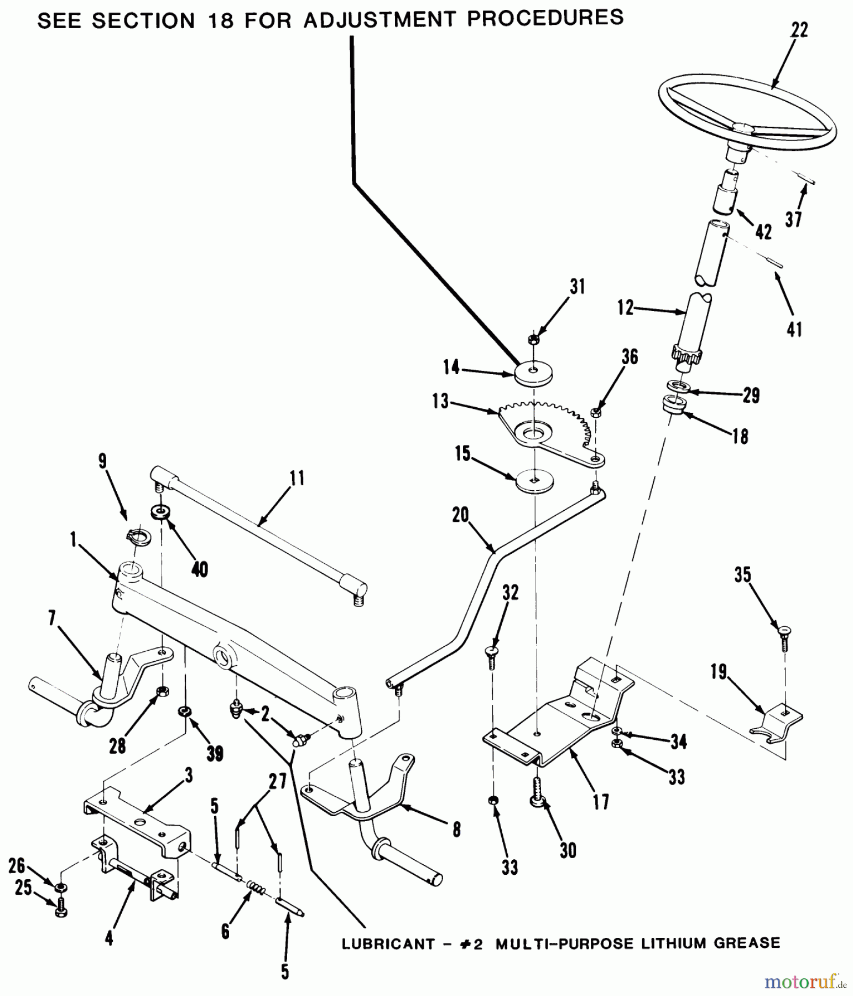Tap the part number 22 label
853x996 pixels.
[x=799, y=30]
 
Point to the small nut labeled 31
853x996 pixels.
[x=533, y=339]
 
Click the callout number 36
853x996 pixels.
[x=630, y=357]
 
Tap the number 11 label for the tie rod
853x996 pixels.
[x=297, y=478]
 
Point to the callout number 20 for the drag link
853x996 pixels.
[x=460, y=516]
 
